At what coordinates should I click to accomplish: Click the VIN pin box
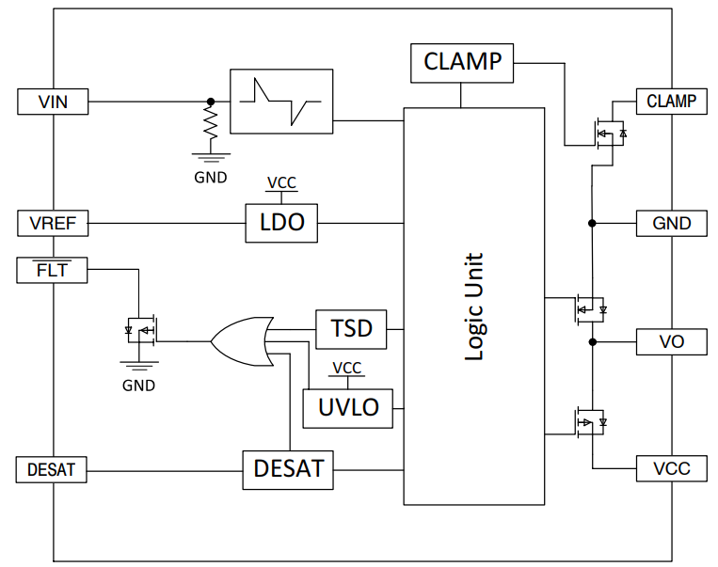click(53, 102)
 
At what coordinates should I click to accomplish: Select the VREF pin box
click(53, 224)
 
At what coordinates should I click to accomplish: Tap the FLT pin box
click(53, 271)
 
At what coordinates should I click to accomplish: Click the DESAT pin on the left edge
click(52, 469)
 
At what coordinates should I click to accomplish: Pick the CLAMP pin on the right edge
click(671, 102)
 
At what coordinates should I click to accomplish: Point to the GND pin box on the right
click(671, 224)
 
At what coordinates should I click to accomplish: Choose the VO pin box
click(671, 341)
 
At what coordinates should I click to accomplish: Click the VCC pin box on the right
click(671, 468)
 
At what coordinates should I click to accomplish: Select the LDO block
click(281, 224)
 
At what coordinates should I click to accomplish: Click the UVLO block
click(347, 406)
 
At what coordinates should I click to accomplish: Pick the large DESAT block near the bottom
click(289, 468)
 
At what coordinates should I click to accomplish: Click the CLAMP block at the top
click(462, 63)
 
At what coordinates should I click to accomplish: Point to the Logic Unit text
click(475, 307)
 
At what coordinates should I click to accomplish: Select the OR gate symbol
click(242, 340)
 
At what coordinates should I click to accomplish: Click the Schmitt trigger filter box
click(280, 102)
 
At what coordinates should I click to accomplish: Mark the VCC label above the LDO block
click(281, 183)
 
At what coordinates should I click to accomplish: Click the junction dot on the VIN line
click(211, 102)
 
